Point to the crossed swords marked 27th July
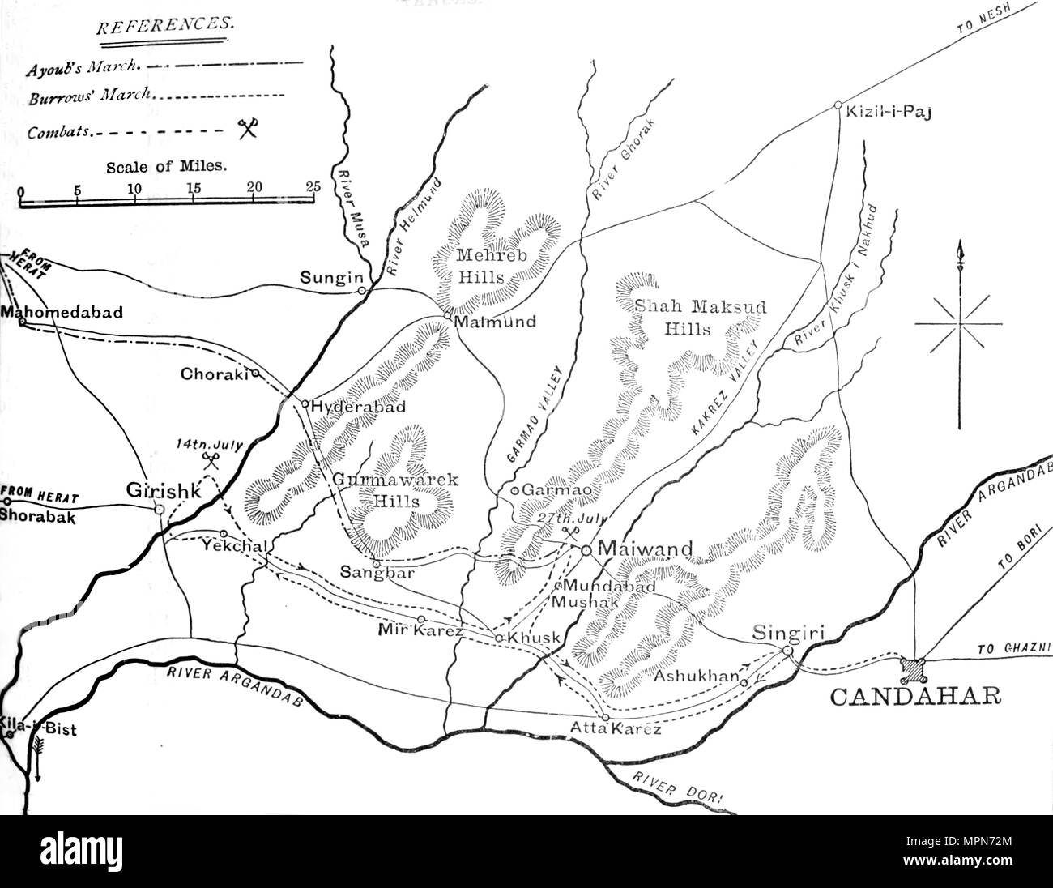572,532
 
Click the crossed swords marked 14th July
211,460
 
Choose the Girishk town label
160,489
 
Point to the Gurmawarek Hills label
395,490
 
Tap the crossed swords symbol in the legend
246,127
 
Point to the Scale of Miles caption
166,168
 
